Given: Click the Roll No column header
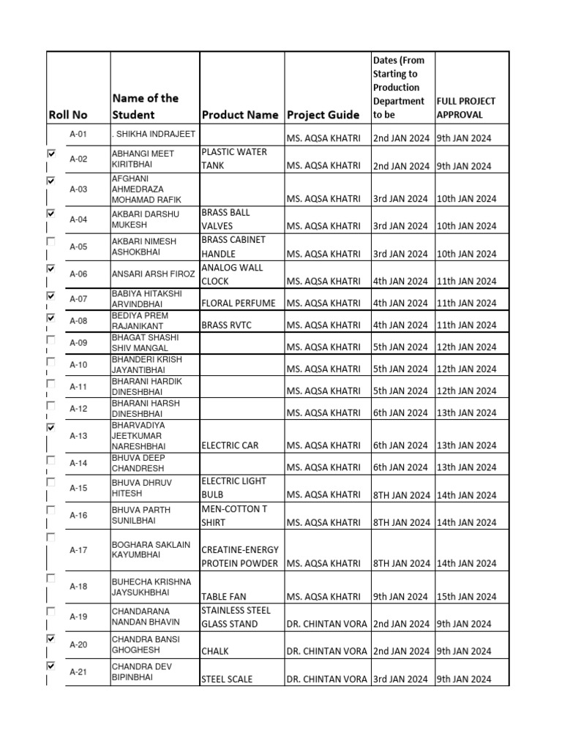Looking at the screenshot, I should (68, 115).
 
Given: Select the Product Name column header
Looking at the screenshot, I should (240, 115).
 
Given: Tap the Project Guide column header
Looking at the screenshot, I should (323, 115).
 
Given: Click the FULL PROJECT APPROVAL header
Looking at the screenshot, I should (466, 108).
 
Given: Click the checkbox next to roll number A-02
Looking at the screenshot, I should (50, 154).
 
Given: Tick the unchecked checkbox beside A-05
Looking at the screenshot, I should (50, 241).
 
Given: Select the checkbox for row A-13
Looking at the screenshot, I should (50, 426).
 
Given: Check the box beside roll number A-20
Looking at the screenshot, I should (50, 639).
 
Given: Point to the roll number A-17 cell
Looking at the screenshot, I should (78, 550).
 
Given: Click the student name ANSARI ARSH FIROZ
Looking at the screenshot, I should (153, 274).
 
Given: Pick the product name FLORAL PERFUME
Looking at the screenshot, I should (239, 303).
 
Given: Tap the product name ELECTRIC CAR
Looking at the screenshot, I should (230, 445).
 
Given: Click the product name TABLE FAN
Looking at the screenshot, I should (225, 597).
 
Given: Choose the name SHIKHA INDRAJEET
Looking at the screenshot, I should (151, 135).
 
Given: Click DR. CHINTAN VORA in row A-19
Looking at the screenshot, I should (326, 624).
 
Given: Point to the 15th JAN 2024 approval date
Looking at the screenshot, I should (465, 597).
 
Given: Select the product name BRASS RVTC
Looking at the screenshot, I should (228, 325).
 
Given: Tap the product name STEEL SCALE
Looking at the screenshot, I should (227, 679).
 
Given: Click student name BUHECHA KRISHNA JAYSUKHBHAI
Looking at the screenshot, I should (151, 587).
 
